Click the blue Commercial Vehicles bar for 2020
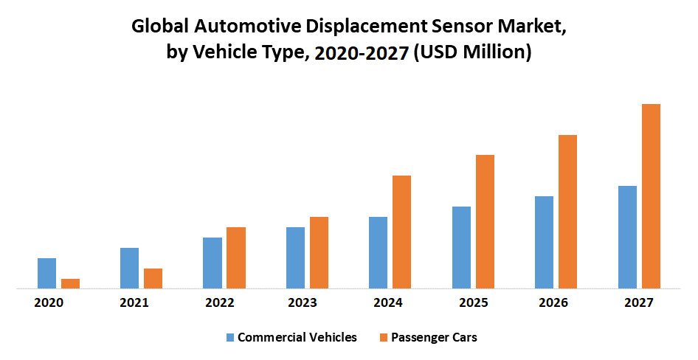pos(46,273)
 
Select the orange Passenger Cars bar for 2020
pos(70,283)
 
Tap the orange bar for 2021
pos(153,278)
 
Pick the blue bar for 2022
pos(212,263)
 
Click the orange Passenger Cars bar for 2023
pos(319,252)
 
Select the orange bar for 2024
pos(401,232)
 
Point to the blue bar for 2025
pos(461,247)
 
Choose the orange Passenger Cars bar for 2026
pos(567,212)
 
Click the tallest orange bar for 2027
pos(651,196)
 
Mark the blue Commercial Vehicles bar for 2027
pos(627,237)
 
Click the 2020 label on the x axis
pos(49,303)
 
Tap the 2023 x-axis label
pos(303,303)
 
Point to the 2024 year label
pos(387,303)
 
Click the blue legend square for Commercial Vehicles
pos(230,338)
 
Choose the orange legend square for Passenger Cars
pos(383,338)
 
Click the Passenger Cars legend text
pos(434,338)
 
